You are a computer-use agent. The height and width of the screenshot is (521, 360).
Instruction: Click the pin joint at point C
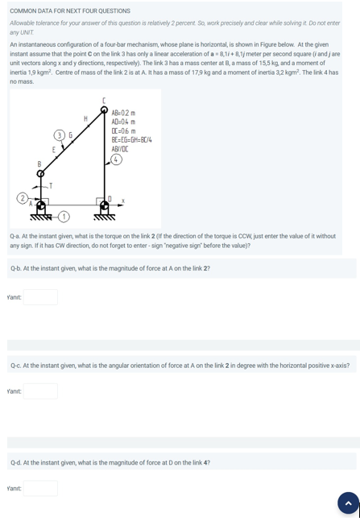(104, 110)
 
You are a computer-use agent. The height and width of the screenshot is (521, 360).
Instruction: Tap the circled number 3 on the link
(60, 134)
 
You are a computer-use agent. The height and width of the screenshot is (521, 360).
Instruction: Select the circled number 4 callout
(117, 159)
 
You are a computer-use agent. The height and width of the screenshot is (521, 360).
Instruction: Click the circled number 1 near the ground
(63, 217)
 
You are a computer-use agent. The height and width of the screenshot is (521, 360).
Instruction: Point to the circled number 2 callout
(23, 197)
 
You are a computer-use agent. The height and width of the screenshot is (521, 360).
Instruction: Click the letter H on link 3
(86, 118)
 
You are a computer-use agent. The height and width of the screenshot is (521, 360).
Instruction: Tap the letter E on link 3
(54, 150)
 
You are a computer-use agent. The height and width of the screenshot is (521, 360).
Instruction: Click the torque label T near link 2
(51, 186)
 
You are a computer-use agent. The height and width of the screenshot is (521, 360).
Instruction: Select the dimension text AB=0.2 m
(123, 114)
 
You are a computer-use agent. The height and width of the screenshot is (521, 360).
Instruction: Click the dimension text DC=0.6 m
(123, 131)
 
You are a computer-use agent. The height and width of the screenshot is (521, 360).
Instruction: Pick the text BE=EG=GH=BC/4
(131, 140)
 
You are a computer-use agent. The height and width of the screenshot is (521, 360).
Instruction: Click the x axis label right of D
(123, 201)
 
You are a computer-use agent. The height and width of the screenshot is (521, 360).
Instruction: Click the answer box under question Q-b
(40, 297)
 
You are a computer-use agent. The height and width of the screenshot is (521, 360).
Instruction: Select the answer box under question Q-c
(40, 391)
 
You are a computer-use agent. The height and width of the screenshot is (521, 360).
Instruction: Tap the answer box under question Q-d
(40, 488)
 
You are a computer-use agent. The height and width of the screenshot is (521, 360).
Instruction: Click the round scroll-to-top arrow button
(348, 502)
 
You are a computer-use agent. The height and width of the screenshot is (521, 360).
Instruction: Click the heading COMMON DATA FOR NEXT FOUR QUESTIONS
(70, 11)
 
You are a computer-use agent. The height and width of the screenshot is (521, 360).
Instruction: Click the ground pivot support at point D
(104, 209)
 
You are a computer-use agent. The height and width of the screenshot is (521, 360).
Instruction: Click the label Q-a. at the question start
(15, 236)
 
